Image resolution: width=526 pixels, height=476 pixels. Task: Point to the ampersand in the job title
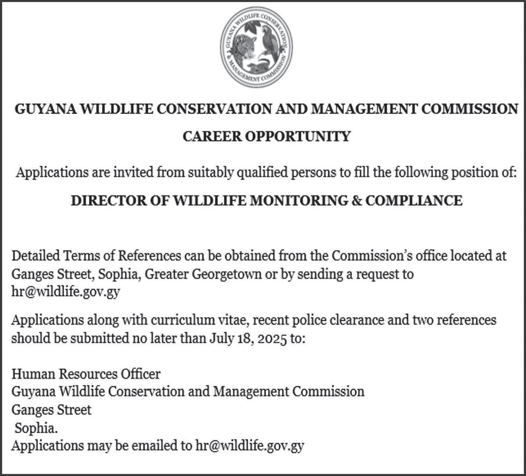355,201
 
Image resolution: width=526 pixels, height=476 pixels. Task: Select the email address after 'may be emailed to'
250,446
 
